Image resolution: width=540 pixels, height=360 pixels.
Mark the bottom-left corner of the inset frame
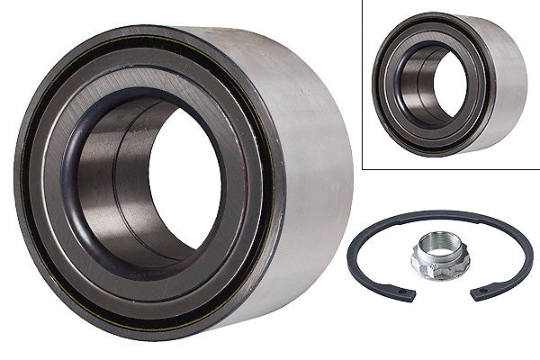coord(362,168)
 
